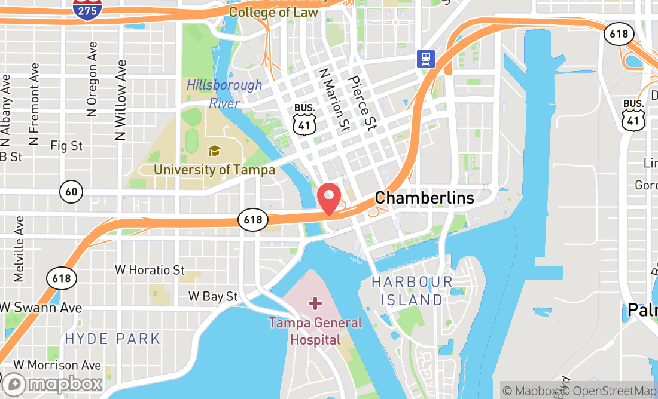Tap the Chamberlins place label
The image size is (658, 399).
pos(424,198)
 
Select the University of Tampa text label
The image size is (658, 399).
pos(214,170)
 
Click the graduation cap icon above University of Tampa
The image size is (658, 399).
pos(214,151)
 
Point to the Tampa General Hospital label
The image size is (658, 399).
pos(315,332)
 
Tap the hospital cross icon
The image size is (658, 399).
pos(315,304)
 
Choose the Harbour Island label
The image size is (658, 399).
pos(412,290)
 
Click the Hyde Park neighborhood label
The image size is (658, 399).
pos(112,339)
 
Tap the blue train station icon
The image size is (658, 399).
pos(426,59)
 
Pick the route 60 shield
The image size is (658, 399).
pos(71,192)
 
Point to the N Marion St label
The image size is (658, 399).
pos(334,99)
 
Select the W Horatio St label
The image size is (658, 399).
pos(150,270)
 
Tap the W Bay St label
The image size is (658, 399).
pos(213,296)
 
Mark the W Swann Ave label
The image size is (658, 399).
pos(41,308)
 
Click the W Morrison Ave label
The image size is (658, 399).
pos(57,364)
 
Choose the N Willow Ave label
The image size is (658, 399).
pos(121,100)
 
